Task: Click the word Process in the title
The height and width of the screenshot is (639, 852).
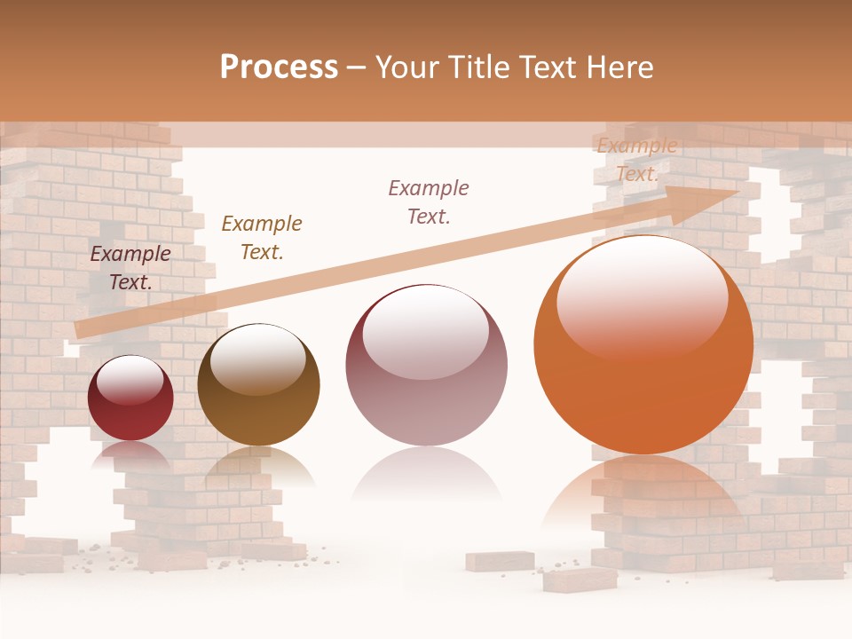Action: tap(279, 67)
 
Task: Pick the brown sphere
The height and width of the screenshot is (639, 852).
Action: tap(258, 395)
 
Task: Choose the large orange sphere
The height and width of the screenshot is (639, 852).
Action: tap(643, 355)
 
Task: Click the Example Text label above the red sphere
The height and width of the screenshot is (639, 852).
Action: tap(130, 268)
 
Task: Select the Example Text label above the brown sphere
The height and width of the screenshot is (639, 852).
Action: tap(261, 238)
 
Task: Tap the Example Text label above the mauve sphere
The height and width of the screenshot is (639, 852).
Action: tap(429, 201)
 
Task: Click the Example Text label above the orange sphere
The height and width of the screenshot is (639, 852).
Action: tap(637, 160)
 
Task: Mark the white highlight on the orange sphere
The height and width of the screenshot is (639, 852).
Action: tap(642, 293)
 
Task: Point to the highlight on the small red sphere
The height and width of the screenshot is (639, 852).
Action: tap(130, 379)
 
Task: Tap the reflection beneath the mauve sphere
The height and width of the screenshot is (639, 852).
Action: tap(426, 475)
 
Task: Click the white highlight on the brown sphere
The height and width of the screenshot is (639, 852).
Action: tap(257, 357)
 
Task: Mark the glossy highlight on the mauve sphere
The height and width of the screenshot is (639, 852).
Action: tap(425, 330)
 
